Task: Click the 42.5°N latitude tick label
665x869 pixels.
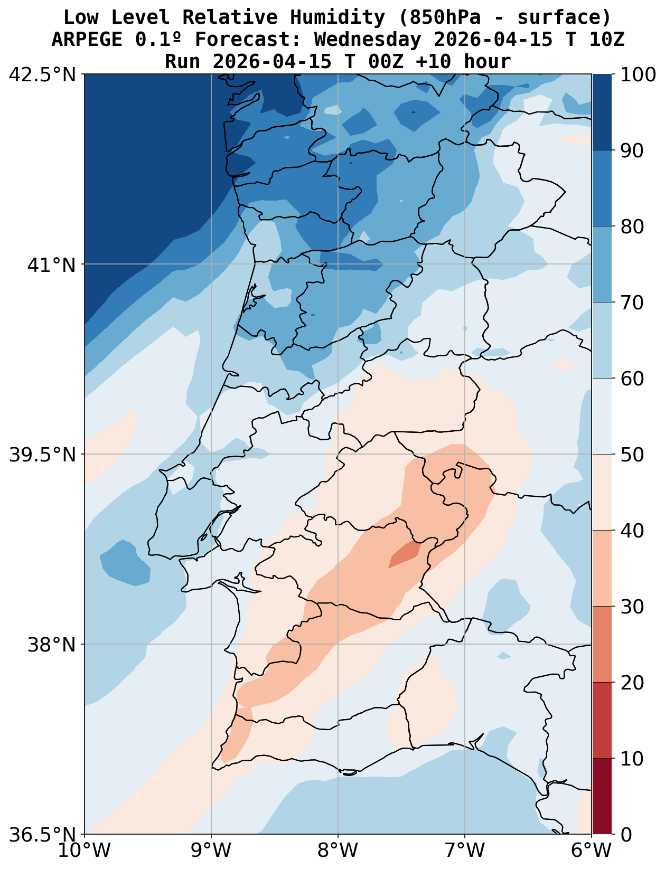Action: pos(43,75)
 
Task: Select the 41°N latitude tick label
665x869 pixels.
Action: pos(51,265)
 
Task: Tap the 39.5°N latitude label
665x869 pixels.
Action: pos(43,455)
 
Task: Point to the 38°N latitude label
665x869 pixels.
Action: pos(51,645)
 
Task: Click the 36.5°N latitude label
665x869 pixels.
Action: pos(43,835)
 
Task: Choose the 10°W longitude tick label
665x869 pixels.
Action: pos(85,851)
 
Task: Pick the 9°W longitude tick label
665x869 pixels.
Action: pos(211,851)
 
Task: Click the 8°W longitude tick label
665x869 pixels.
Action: pos(338,851)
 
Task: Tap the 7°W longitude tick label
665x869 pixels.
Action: pos(465,851)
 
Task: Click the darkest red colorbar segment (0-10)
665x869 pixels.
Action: pos(602,796)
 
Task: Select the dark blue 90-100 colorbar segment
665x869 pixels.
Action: pos(602,112)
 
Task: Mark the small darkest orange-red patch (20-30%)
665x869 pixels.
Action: pos(406,554)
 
